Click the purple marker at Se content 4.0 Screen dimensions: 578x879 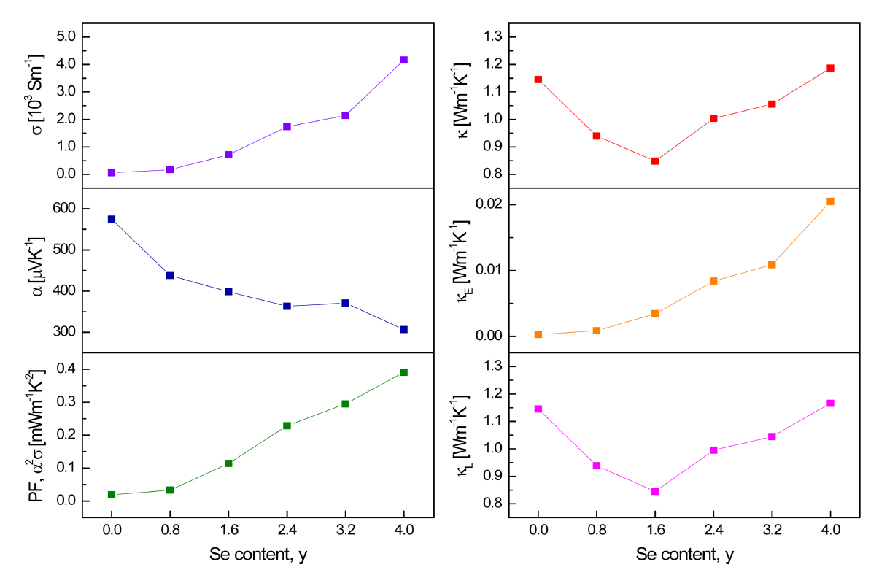(403, 60)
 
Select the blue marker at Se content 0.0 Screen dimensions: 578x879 (112, 219)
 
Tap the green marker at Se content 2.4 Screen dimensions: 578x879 (287, 425)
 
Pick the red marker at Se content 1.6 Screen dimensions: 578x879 (655, 161)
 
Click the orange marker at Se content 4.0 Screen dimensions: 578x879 (830, 201)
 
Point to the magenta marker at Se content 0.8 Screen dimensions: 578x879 (597, 466)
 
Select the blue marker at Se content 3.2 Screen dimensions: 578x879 (345, 303)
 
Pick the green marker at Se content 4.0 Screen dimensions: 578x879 (403, 372)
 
